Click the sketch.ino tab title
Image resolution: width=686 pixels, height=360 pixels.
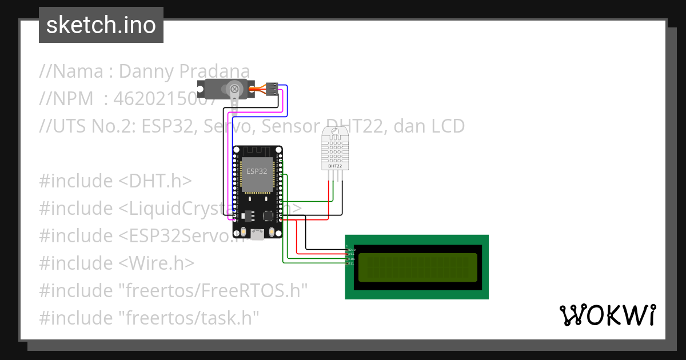(101, 25)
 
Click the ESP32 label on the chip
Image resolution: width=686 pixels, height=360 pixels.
(257, 171)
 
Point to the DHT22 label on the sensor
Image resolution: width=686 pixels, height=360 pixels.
(334, 166)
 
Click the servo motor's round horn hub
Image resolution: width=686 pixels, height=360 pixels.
(234, 88)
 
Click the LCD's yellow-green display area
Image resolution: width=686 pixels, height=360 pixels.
(417, 267)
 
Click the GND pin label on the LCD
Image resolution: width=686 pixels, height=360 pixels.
(352, 250)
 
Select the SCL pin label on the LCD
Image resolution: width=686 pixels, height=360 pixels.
(352, 263)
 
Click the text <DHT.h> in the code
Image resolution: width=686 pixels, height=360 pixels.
(155, 181)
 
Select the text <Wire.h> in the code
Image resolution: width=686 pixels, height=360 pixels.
(157, 263)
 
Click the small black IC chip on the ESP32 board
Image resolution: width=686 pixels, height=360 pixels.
(268, 215)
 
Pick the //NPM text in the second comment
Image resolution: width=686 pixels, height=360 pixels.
(66, 99)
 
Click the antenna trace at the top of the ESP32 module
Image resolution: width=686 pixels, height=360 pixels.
(257, 153)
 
